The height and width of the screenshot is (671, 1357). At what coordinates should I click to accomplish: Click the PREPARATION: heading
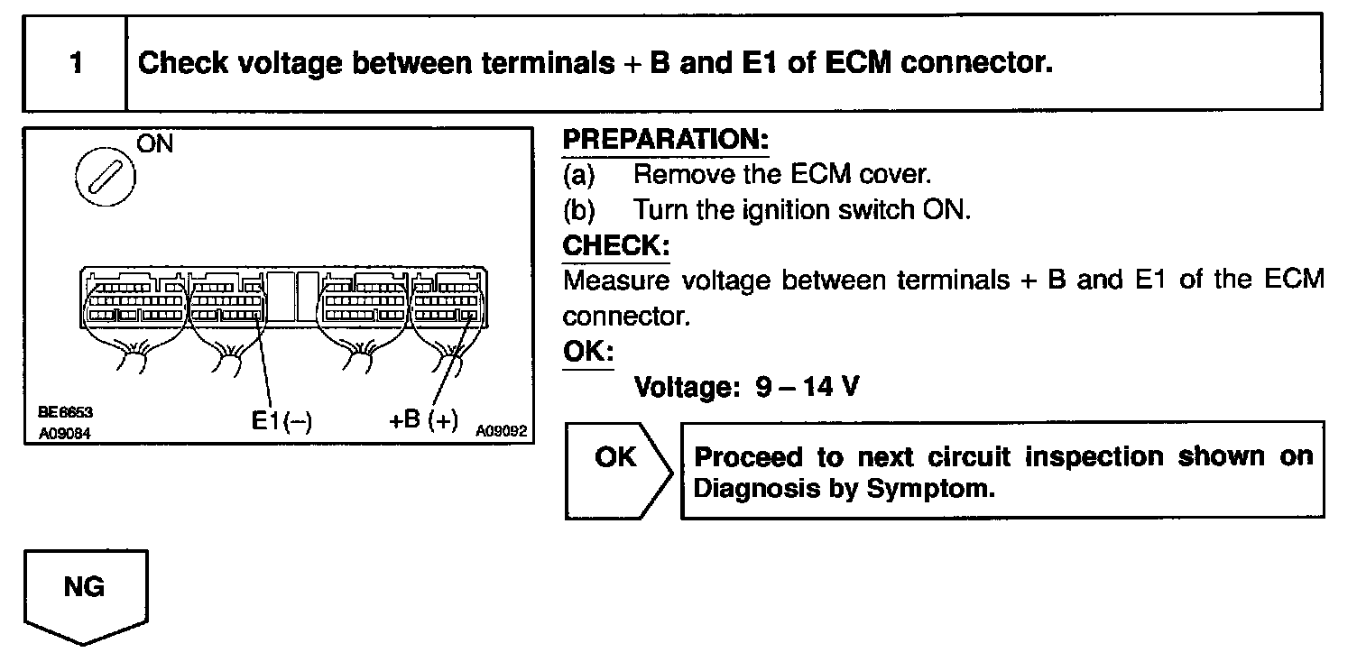[665, 141]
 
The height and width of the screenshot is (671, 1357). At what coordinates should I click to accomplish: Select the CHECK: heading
[615, 245]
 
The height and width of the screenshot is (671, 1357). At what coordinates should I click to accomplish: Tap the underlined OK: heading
[587, 351]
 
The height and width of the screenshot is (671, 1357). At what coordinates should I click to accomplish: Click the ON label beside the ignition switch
[154, 144]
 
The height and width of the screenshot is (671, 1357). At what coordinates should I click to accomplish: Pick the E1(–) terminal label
[282, 421]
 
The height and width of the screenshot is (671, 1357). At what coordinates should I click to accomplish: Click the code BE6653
[65, 412]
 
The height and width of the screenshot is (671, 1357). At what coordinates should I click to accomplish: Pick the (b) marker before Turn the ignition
[578, 209]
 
